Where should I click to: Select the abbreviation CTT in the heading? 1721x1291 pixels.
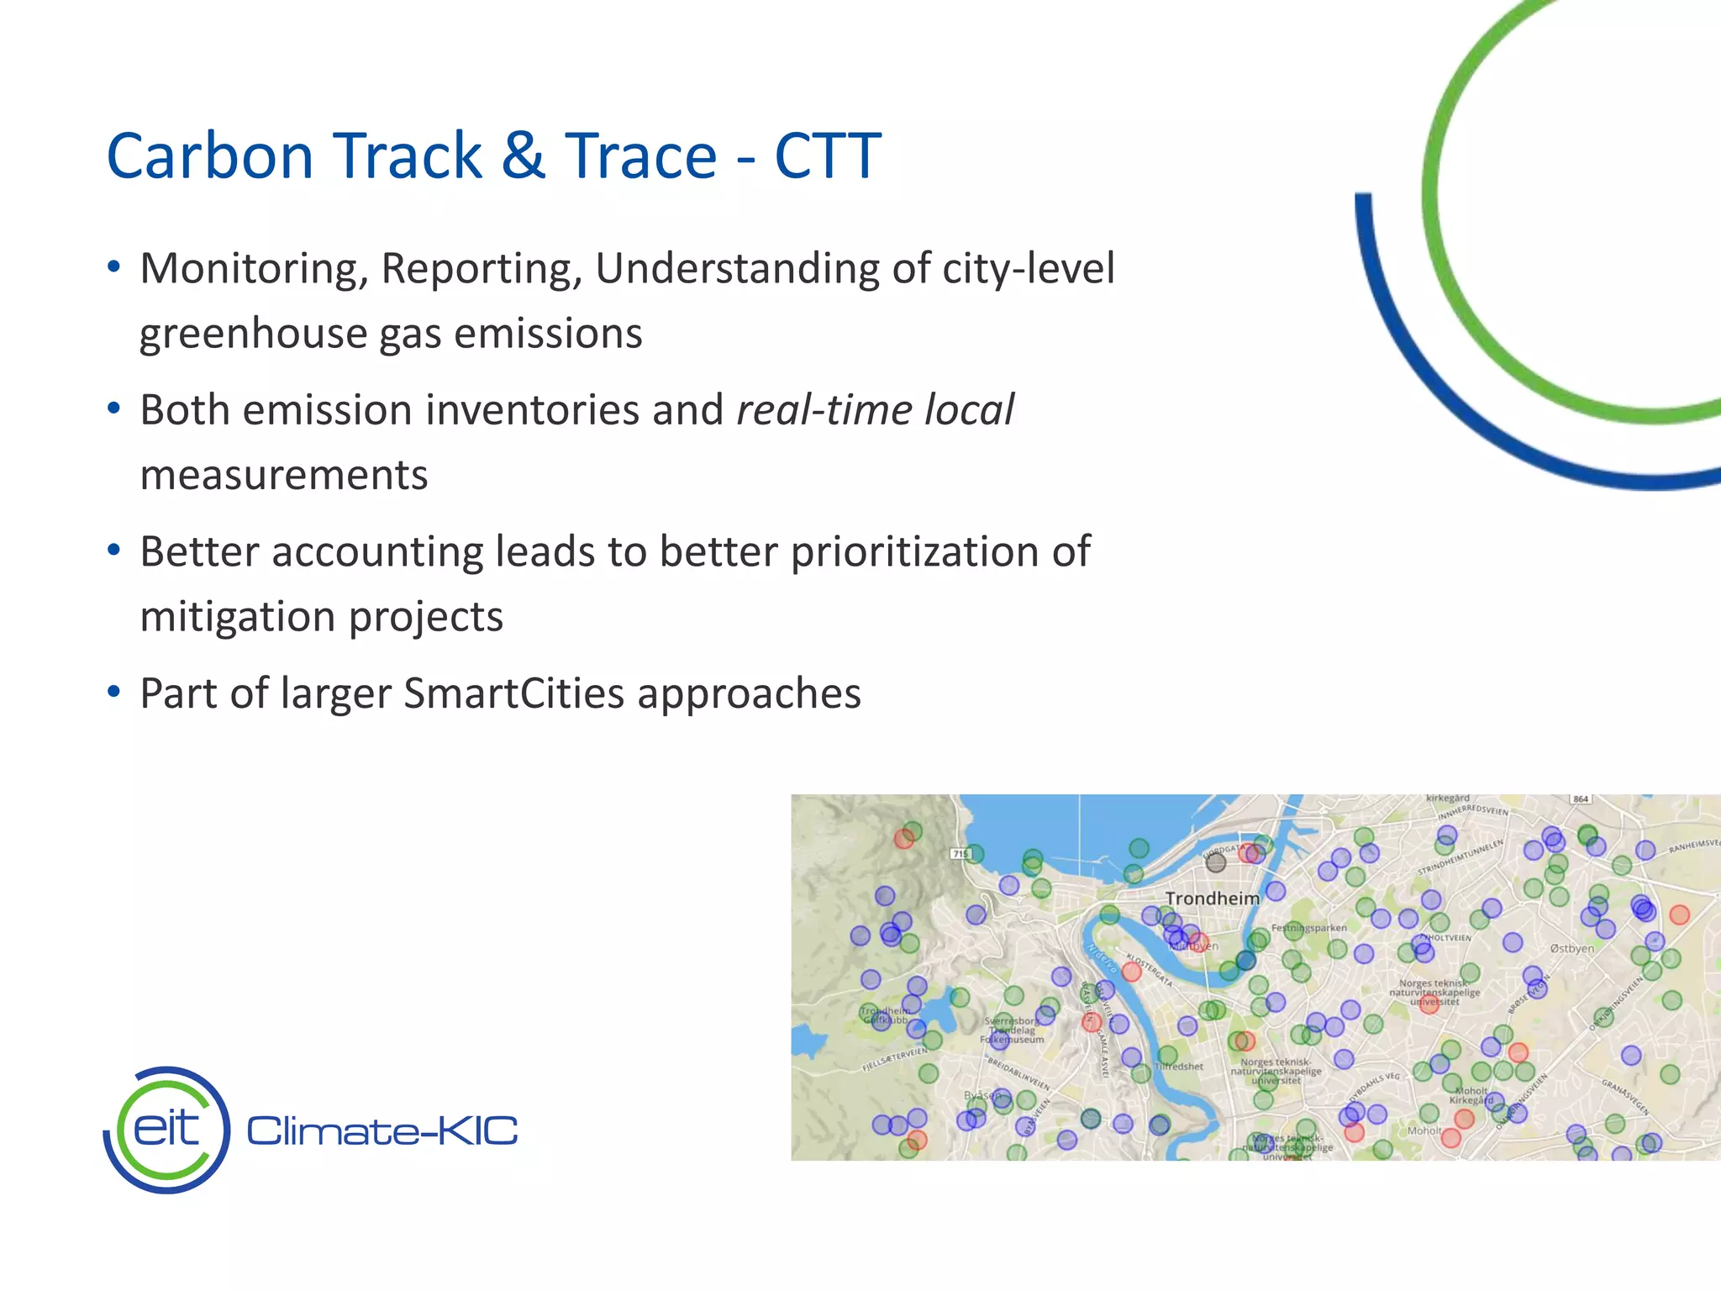[x=827, y=156]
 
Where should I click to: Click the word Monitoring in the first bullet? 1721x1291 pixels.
[x=254, y=269]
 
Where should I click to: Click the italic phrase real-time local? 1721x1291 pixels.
[x=875, y=410]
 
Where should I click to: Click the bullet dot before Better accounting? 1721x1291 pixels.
[x=114, y=551]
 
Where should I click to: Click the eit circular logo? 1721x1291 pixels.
[x=167, y=1130]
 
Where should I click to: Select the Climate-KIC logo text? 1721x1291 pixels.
[x=382, y=1131]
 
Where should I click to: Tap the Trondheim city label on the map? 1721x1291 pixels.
[x=1212, y=898]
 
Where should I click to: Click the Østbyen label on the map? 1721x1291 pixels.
[x=1571, y=948]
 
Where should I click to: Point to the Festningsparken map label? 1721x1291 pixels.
[x=1308, y=928]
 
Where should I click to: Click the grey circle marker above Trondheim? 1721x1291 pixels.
[x=1215, y=862]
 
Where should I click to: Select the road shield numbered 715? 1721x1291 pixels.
[x=960, y=854]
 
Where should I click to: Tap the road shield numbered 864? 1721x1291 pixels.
[x=1581, y=798]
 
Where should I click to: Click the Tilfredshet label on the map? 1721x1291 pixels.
[x=1179, y=1067]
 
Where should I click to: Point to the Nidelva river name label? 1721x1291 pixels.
[x=1099, y=958]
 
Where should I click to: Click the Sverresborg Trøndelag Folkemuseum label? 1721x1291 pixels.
[x=1013, y=1030]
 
